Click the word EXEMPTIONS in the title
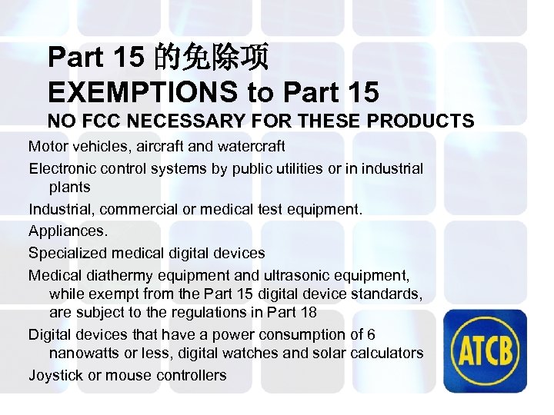[143, 92]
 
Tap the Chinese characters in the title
[212, 57]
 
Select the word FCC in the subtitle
[100, 121]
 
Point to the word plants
[69, 188]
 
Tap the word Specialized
[65, 253]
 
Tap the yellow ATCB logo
[489, 350]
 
